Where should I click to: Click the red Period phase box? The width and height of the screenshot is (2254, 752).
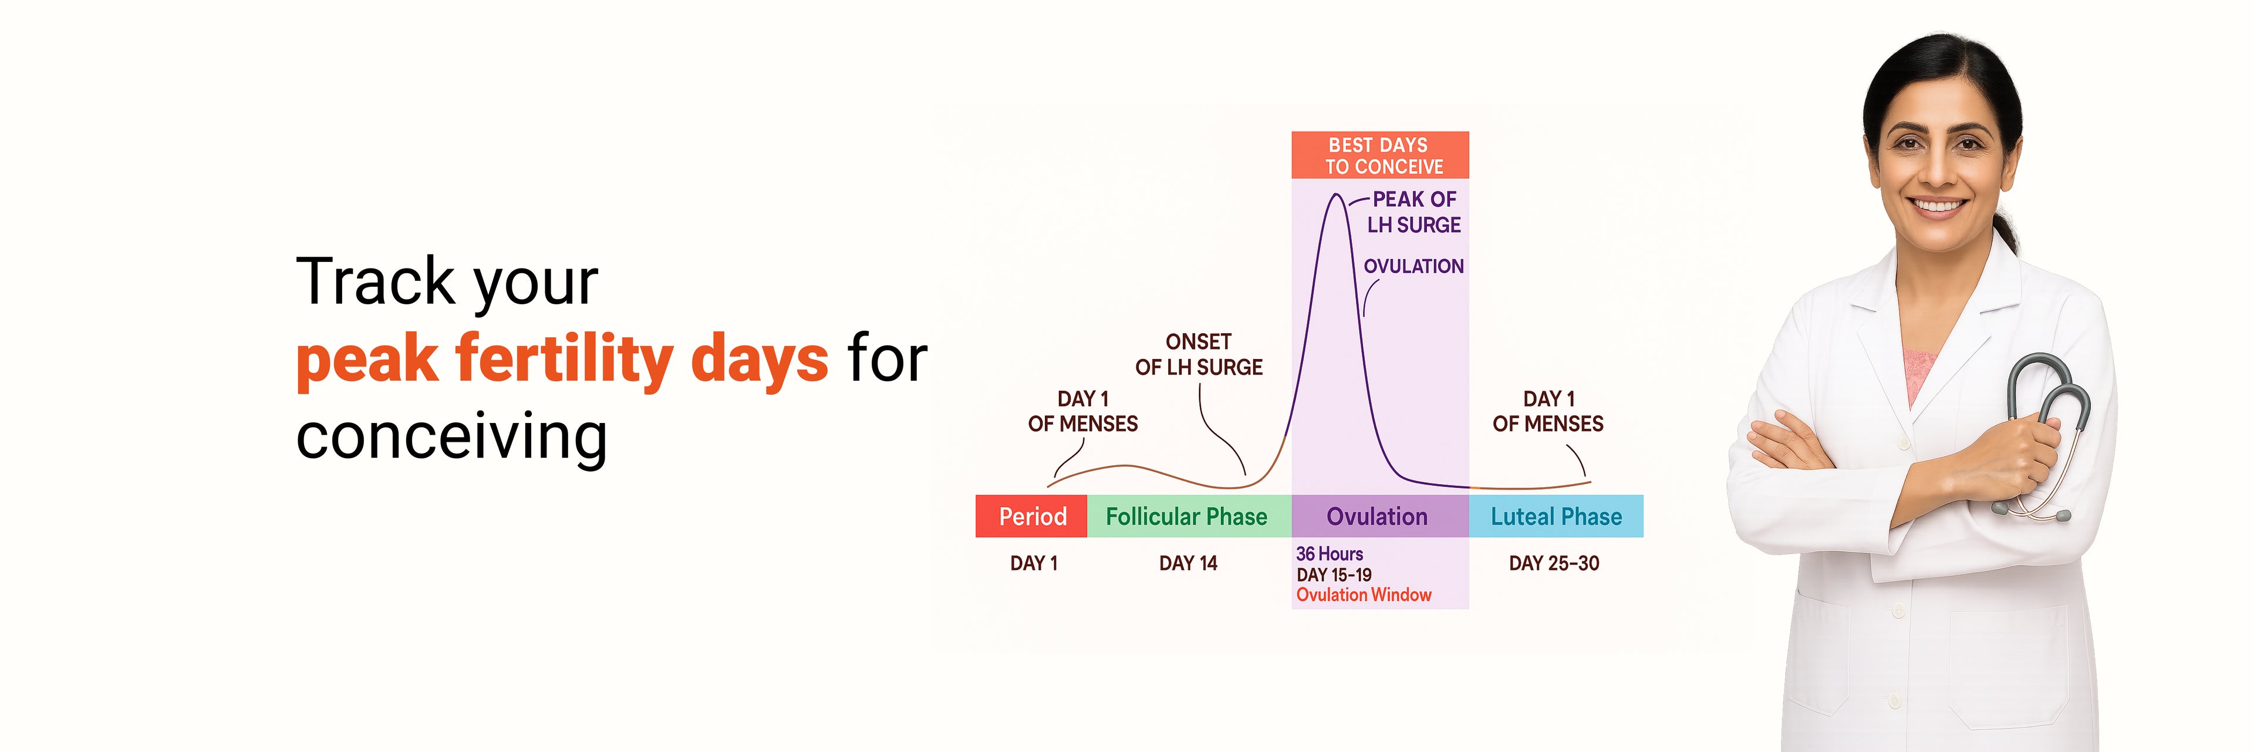[1032, 516]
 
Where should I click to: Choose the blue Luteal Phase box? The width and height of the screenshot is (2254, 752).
[1555, 516]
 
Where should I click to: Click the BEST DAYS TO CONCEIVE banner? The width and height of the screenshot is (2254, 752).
[1380, 155]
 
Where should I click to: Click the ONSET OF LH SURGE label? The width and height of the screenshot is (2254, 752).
[1199, 354]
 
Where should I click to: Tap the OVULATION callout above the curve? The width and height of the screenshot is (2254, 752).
[1413, 266]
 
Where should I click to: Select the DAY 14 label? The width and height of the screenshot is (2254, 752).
[1188, 563]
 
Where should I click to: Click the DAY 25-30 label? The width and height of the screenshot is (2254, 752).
[1554, 563]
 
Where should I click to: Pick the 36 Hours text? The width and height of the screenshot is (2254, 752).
[1329, 553]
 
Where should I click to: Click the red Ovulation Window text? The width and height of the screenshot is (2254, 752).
[1363, 595]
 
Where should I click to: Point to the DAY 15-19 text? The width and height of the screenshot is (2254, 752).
[1334, 575]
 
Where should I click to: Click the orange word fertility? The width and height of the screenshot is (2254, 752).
[564, 359]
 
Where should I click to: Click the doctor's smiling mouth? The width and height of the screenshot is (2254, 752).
[1937, 207]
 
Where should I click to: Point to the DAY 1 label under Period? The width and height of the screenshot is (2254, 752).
[1033, 563]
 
